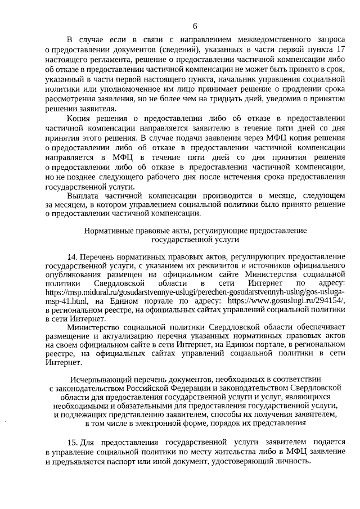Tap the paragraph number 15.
click(x=72, y=442)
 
